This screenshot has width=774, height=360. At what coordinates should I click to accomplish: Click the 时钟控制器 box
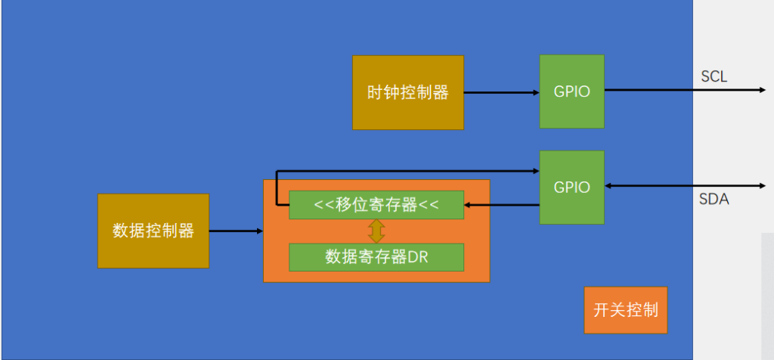(x=408, y=92)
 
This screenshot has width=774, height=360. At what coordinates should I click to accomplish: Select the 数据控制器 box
(x=153, y=231)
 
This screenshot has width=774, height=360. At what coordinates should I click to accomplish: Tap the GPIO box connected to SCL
(x=571, y=92)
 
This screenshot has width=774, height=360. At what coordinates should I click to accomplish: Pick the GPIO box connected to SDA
(x=571, y=187)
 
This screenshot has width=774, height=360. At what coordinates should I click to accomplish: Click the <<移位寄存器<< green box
(x=376, y=205)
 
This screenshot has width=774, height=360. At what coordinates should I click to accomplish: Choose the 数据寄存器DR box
(x=376, y=256)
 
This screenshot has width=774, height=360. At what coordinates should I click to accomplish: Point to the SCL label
(x=714, y=76)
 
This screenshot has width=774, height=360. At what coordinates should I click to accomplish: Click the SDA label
(x=714, y=200)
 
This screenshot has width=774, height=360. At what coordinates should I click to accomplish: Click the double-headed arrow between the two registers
(x=376, y=231)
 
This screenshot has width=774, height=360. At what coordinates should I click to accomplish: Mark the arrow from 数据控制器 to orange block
(x=236, y=231)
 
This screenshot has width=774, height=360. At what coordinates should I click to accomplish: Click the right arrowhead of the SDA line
(x=762, y=185)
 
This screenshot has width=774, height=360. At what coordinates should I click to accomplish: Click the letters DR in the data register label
(x=418, y=256)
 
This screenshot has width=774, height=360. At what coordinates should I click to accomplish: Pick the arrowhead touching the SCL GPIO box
(x=535, y=93)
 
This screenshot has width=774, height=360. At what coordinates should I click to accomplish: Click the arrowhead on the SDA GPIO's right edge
(x=609, y=185)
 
